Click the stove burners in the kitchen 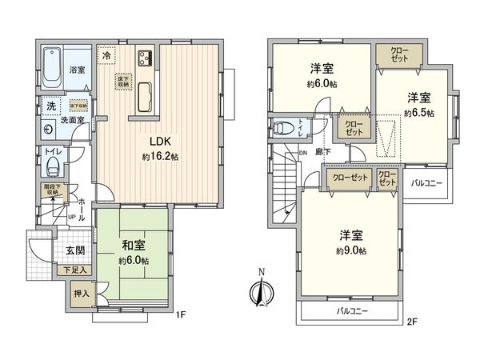[x=146, y=58]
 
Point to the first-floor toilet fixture [x=53, y=166]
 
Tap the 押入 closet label [x=82, y=294]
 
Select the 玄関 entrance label [x=75, y=250]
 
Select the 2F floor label [x=412, y=322]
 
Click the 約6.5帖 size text [x=418, y=114]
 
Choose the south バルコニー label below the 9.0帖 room [x=352, y=310]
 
